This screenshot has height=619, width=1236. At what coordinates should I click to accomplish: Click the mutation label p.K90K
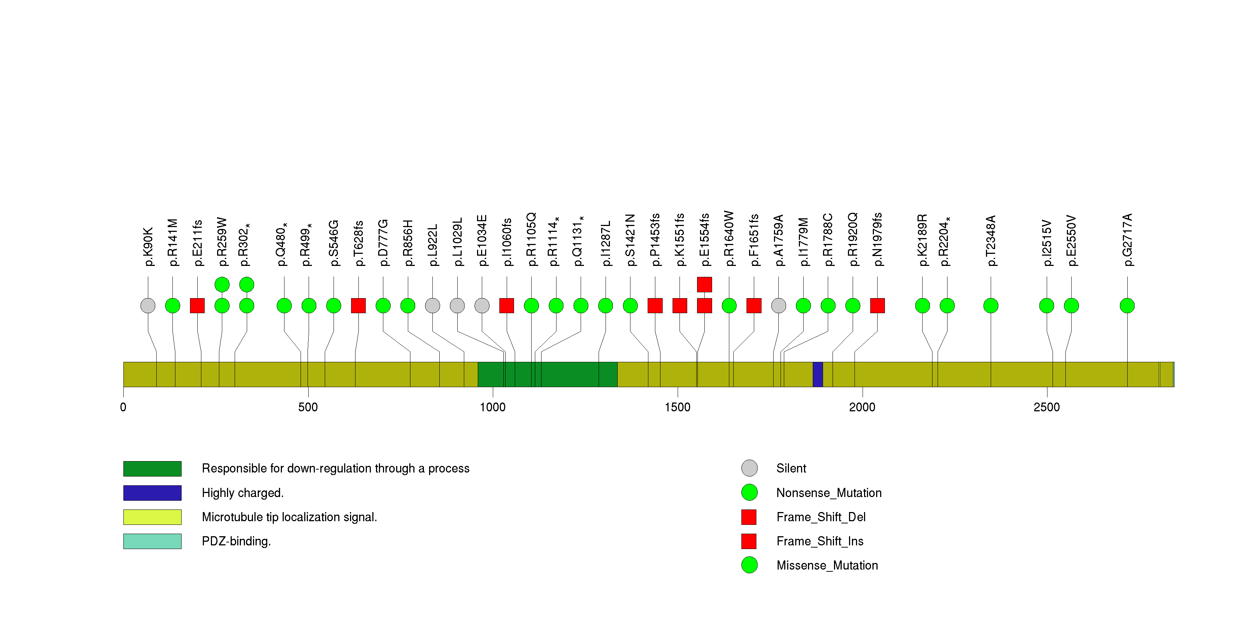pos(148,247)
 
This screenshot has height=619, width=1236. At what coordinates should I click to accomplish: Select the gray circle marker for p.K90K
pos(148,306)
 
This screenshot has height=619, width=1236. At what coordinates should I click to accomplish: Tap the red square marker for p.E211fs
pos(197,306)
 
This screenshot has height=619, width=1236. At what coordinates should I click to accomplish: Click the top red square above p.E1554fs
pos(704,285)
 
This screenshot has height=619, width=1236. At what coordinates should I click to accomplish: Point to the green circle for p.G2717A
pos(1127,306)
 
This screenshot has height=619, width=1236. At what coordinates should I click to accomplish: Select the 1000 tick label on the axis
pos(493,407)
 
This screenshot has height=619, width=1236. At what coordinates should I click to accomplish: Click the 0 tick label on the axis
pos(123,407)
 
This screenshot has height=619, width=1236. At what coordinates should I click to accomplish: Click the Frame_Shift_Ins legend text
pos(819,541)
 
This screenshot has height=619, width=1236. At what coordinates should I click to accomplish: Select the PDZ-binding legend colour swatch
pos(152,541)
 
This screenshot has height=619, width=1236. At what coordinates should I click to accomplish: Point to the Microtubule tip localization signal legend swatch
pos(152,517)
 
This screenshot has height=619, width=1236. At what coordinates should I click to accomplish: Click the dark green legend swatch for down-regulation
pos(152,469)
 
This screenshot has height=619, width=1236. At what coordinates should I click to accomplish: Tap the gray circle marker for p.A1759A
pos(778,306)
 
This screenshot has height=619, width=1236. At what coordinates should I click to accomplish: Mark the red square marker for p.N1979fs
pos(877,306)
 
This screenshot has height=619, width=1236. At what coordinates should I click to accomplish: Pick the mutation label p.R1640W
pos(729,238)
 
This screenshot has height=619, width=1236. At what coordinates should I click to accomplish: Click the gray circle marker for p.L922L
pos(432,306)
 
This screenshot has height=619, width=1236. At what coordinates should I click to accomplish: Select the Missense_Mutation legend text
pos(827,565)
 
